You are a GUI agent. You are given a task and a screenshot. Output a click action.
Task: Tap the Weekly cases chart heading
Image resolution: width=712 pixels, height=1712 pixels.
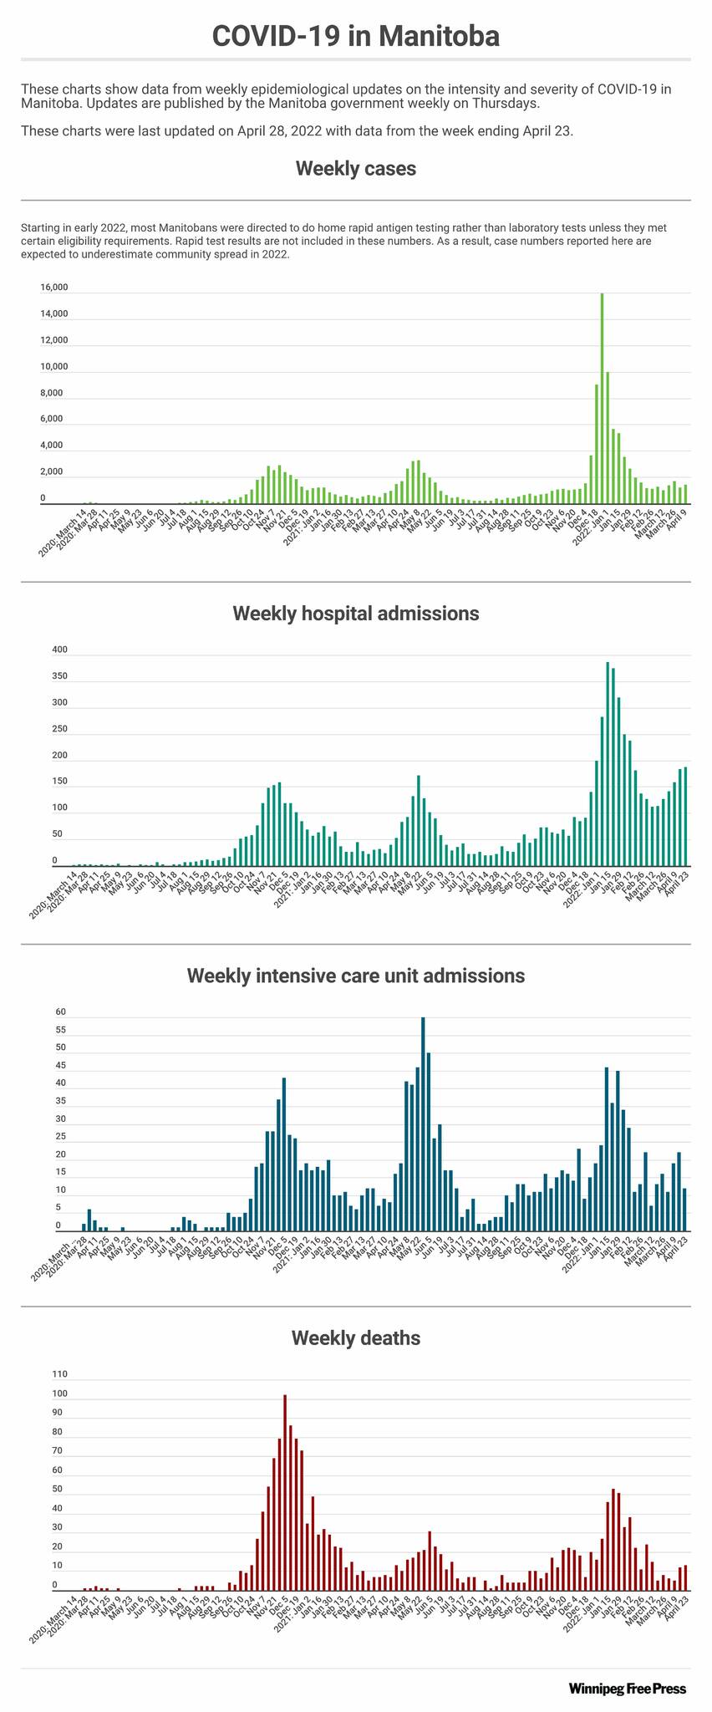click(355, 169)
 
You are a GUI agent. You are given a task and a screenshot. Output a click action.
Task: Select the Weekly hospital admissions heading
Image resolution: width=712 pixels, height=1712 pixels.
click(355, 614)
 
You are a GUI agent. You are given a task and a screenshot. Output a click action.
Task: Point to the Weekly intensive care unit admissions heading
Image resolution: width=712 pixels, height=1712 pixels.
click(355, 976)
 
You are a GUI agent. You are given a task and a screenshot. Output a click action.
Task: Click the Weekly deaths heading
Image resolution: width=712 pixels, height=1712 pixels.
click(355, 1337)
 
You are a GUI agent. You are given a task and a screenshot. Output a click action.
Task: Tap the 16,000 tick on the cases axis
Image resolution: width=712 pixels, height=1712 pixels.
click(54, 288)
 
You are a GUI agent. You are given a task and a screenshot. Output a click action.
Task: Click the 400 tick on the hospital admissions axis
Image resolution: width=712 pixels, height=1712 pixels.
click(59, 650)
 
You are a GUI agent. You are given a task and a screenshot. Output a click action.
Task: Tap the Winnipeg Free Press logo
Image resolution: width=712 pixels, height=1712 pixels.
click(627, 1689)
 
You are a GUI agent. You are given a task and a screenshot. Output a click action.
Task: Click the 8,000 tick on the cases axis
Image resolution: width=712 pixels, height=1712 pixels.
click(52, 393)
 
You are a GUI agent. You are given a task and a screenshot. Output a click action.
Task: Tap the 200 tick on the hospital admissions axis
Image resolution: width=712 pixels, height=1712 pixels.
click(59, 757)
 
